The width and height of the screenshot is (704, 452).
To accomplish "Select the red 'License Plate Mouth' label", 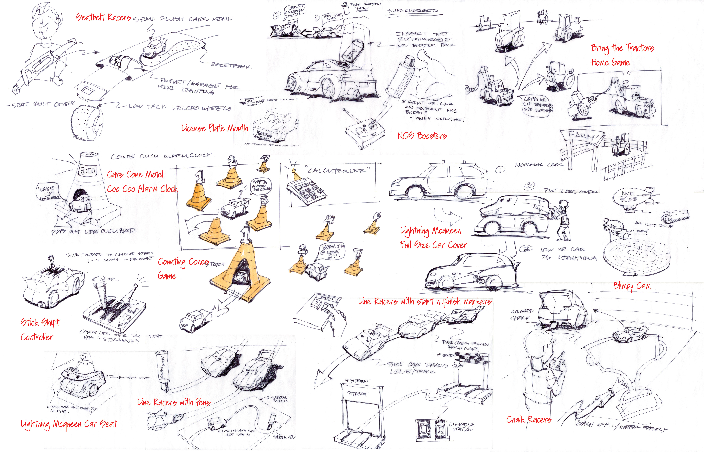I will pos(214,128).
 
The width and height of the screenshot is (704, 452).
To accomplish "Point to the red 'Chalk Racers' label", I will pos(529,419).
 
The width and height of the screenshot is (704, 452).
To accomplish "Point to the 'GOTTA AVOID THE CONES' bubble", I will pos(260,186).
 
